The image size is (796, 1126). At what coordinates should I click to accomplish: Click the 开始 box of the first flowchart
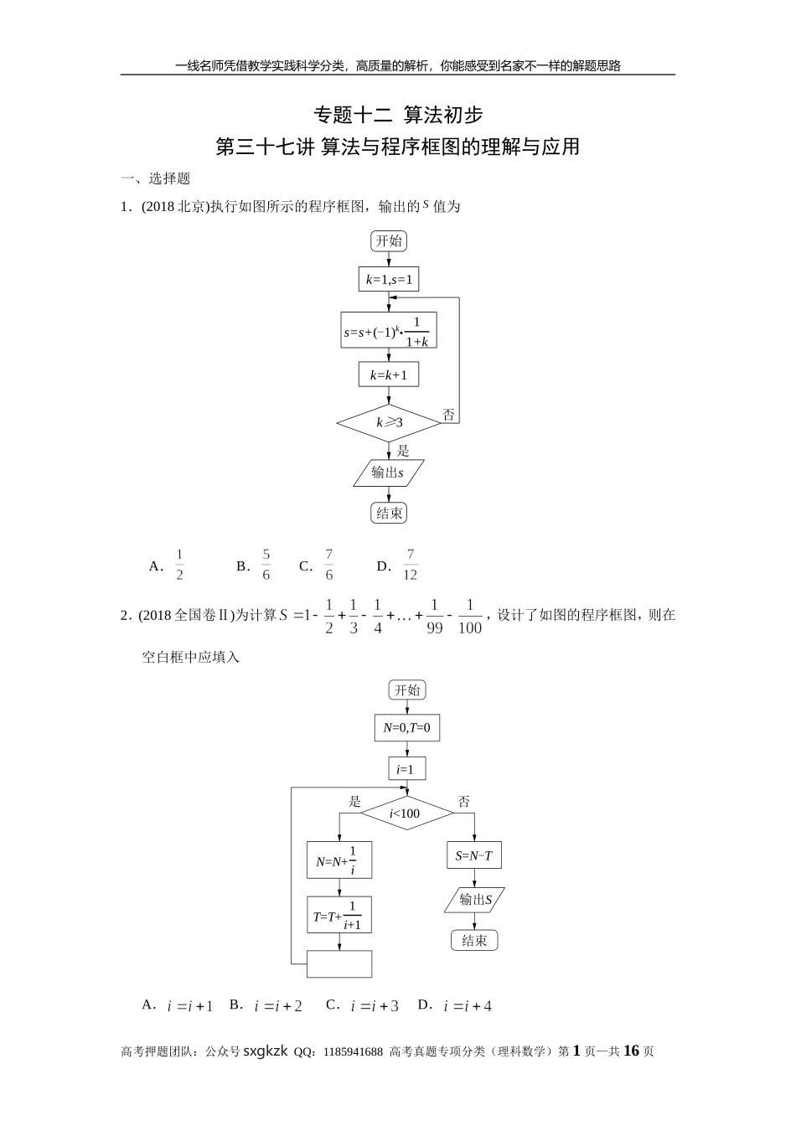(388, 241)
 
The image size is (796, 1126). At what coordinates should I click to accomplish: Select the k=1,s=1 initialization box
(388, 280)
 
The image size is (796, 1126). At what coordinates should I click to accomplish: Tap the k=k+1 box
(388, 375)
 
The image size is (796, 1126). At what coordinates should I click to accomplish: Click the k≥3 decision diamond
(388, 422)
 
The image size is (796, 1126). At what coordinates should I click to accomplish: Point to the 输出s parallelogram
(388, 473)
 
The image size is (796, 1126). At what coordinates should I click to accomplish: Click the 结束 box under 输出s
(388, 513)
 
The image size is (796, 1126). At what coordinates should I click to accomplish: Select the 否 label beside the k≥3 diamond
(448, 415)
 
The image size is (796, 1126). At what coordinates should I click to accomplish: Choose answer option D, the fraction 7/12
(410, 566)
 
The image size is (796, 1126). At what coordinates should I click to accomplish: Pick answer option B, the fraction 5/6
(266, 566)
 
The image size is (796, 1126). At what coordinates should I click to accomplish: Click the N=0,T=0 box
(406, 728)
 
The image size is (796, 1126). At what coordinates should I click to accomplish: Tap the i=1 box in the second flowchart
(406, 769)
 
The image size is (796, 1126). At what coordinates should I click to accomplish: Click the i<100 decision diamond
(406, 813)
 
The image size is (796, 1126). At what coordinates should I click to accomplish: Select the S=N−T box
(473, 855)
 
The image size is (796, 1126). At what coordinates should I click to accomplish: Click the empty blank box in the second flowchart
(339, 963)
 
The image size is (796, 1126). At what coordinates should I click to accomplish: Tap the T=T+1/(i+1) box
(339, 916)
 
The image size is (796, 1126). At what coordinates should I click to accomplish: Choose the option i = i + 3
(374, 1006)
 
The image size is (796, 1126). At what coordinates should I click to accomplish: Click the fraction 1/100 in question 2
(470, 617)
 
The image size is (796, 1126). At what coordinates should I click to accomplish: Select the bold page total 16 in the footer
(632, 1051)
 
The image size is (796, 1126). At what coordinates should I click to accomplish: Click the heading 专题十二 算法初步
(397, 114)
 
